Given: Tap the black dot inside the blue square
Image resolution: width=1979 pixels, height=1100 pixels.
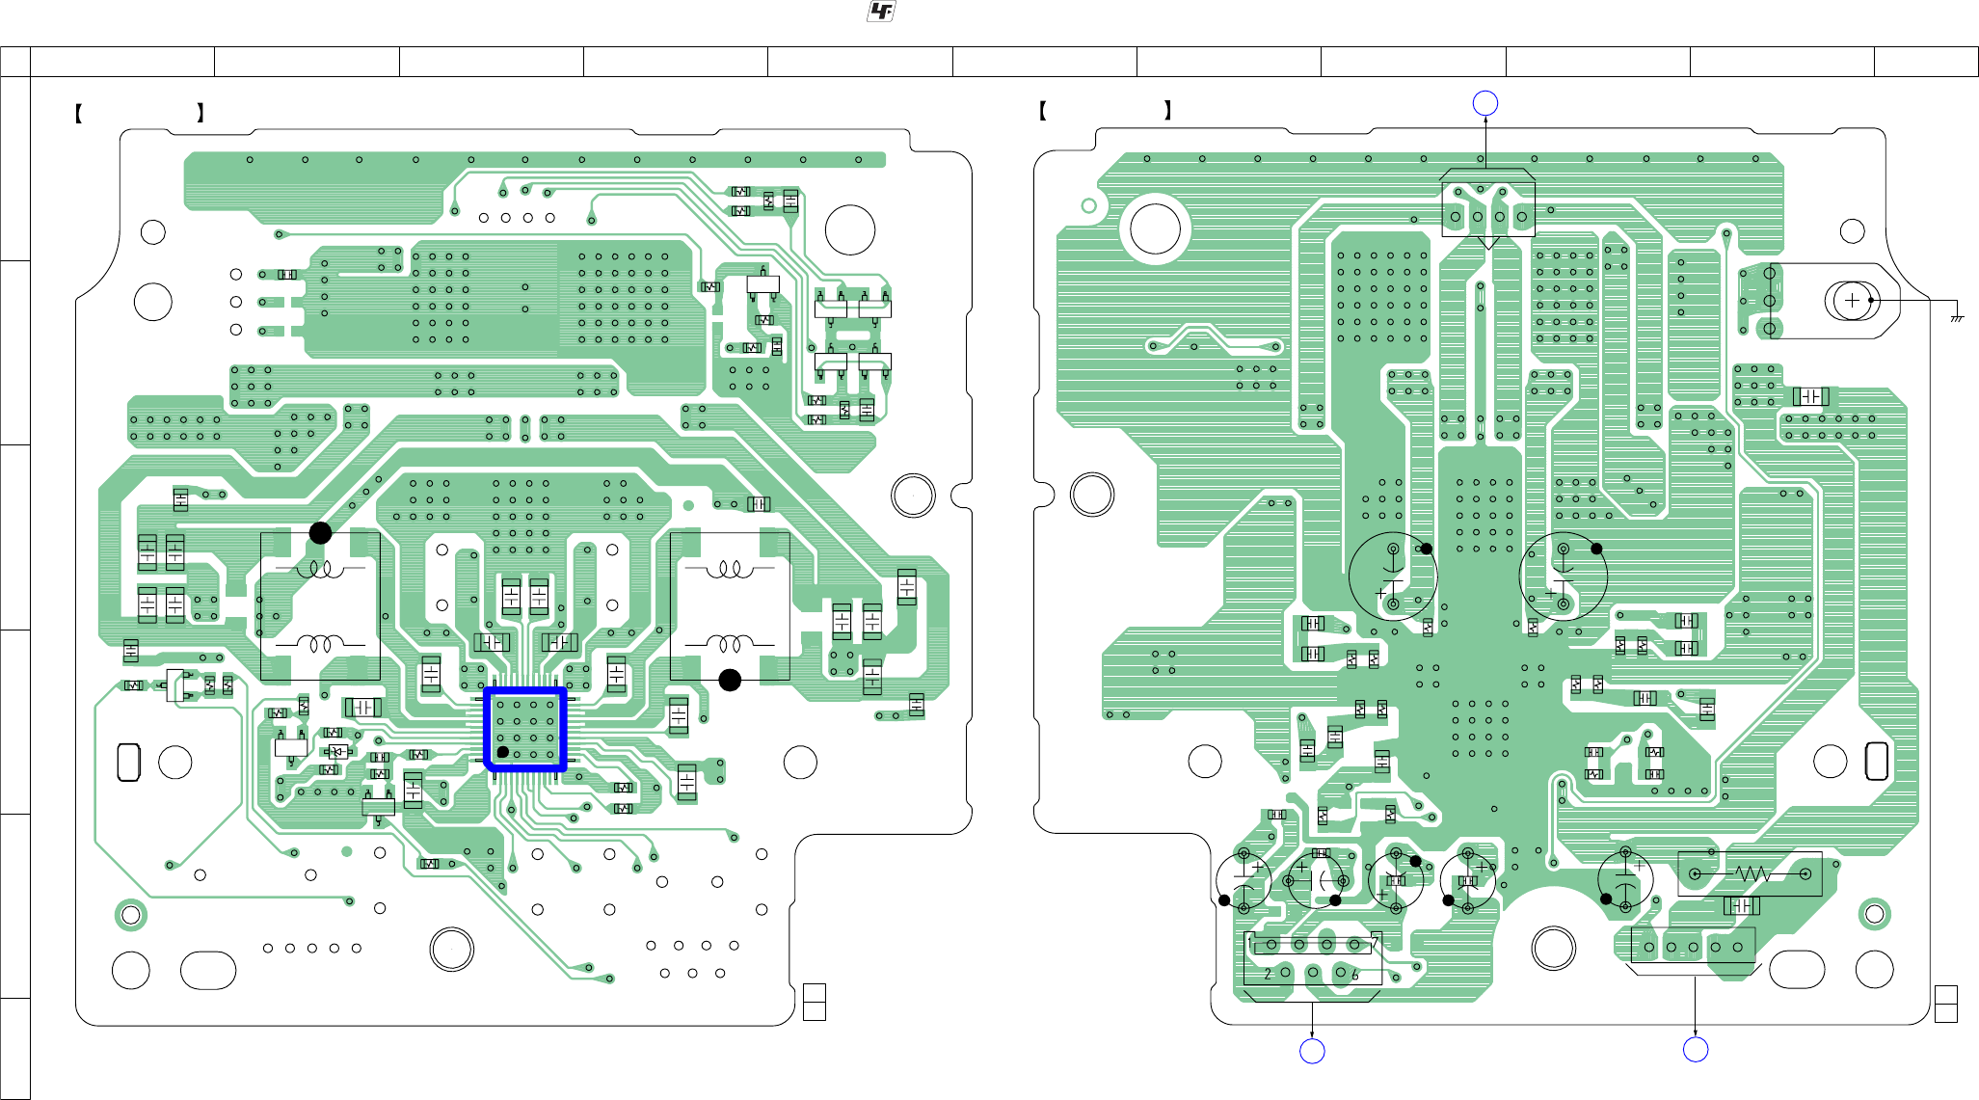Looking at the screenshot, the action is tap(503, 752).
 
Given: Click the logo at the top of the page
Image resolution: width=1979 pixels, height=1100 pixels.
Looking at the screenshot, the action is tap(881, 12).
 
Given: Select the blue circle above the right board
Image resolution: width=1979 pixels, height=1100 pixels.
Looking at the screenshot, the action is tap(1485, 103).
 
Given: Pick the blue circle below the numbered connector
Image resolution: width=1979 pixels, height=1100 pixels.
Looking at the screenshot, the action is tap(1312, 1051).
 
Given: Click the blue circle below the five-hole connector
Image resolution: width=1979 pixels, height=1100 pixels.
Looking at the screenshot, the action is tap(1696, 1050).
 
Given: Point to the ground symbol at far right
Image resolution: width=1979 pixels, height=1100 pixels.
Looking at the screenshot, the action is tap(1957, 317).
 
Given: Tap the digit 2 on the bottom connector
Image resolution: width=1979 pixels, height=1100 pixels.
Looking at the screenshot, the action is tap(1268, 975).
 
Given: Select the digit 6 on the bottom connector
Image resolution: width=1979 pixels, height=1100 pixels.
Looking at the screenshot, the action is tap(1355, 976).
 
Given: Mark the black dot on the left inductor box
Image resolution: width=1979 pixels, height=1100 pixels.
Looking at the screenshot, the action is tap(320, 533).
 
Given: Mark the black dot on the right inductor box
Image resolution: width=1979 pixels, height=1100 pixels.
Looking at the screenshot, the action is tap(730, 681).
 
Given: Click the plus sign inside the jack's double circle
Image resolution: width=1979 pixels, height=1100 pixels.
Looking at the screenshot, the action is tap(1852, 301).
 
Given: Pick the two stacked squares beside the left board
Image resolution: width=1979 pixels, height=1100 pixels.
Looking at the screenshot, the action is tap(814, 1003).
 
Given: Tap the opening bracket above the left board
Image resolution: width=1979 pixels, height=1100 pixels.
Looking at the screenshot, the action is tap(78, 113).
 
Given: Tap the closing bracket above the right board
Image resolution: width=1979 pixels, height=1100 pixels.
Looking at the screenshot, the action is tap(1168, 110).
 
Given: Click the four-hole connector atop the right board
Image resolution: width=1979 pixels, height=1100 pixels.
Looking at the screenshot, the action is tap(1488, 217).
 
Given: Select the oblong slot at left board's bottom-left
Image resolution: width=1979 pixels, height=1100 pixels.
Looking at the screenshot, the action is tap(208, 970).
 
